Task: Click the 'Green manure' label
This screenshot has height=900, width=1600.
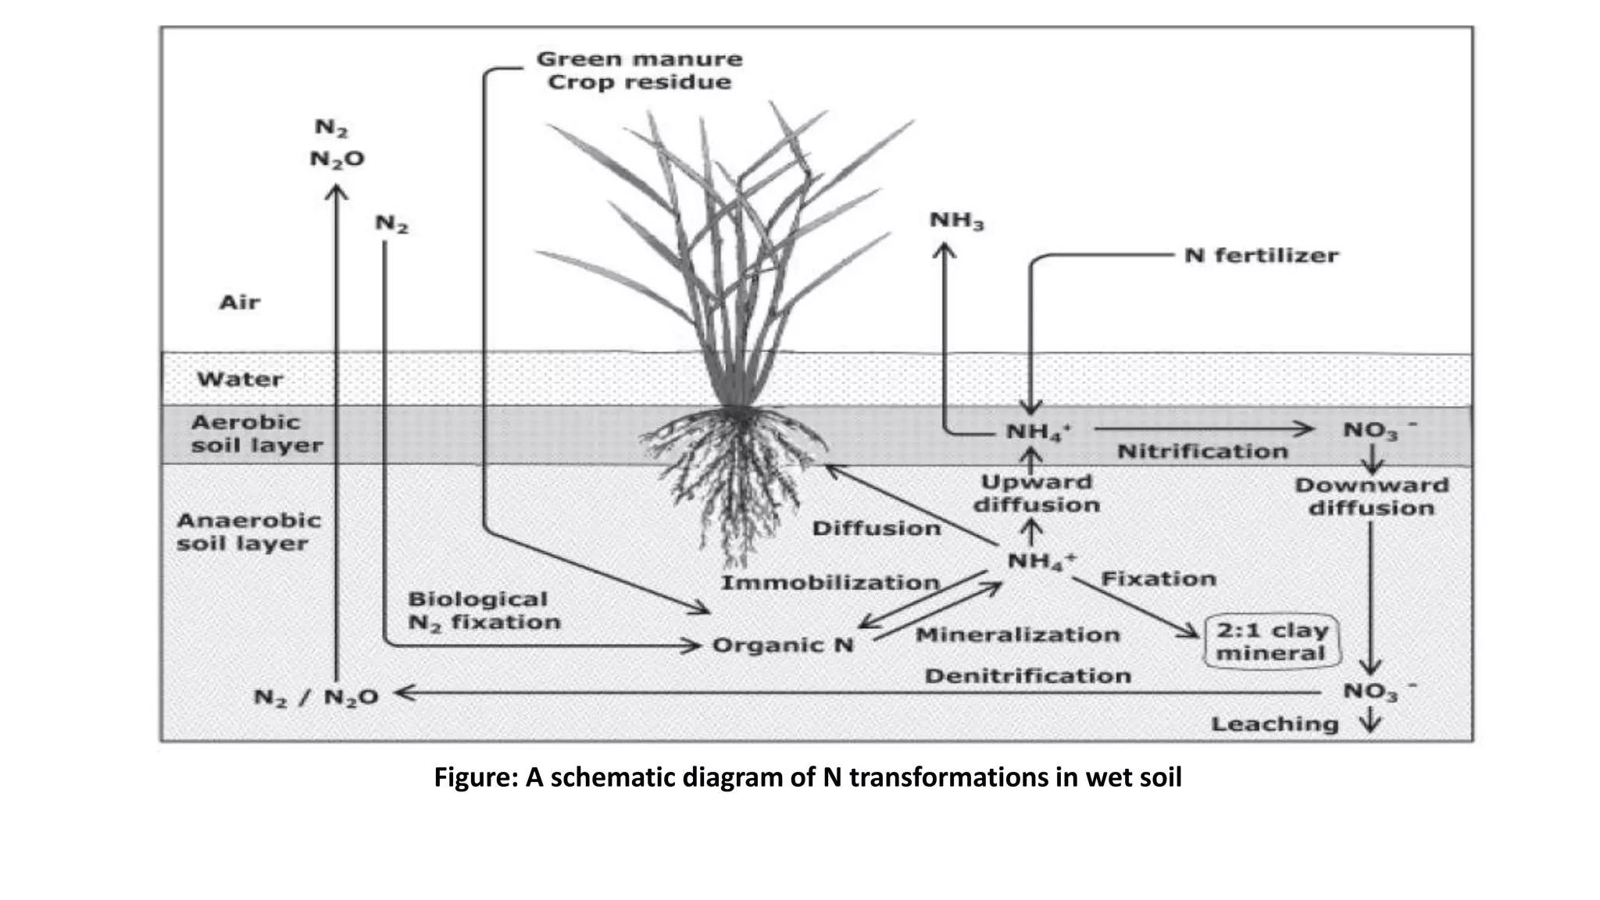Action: (x=639, y=59)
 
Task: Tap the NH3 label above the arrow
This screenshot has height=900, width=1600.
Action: (x=956, y=221)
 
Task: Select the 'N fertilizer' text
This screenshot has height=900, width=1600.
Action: (x=1261, y=255)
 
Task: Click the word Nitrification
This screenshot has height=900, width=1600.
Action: (x=1202, y=452)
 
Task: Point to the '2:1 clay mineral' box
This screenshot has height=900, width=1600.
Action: (x=1272, y=641)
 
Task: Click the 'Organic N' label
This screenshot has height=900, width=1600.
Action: (x=783, y=645)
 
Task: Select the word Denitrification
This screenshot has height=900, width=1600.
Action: (x=1027, y=676)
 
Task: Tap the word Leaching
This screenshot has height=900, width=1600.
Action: (x=1274, y=724)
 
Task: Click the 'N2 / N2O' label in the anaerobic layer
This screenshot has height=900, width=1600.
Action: (x=316, y=697)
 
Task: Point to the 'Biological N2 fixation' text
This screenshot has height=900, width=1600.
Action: (x=484, y=611)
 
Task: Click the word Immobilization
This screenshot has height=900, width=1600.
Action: (x=830, y=583)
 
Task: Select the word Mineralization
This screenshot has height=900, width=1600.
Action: (x=1017, y=634)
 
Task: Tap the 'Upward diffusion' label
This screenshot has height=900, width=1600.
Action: (x=1036, y=494)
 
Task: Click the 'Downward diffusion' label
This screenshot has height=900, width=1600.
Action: (x=1371, y=497)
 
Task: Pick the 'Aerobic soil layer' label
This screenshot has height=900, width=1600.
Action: (x=256, y=434)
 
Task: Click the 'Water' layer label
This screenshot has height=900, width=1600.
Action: (x=240, y=380)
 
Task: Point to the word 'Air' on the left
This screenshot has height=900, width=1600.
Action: (x=239, y=302)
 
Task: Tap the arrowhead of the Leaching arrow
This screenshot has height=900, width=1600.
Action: (x=1370, y=727)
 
